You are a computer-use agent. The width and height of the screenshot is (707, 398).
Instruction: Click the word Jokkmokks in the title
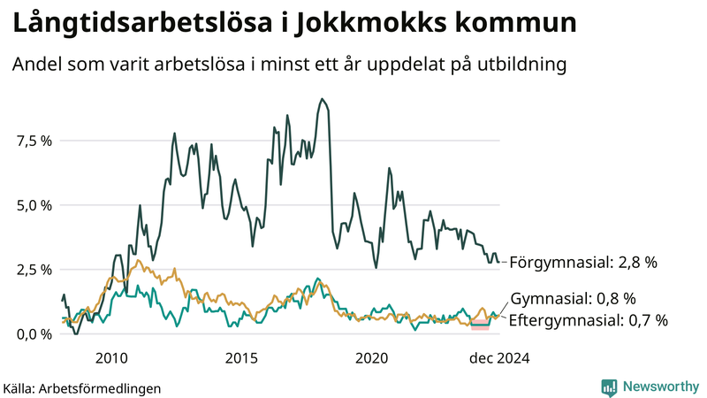(382, 25)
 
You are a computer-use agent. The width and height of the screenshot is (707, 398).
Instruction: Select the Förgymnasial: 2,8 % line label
(583, 263)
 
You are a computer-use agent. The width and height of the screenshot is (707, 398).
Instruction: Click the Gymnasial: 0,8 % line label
(574, 298)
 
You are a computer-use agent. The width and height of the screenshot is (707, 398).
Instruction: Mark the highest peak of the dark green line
(322, 99)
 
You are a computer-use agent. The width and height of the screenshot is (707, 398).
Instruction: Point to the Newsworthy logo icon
(609, 387)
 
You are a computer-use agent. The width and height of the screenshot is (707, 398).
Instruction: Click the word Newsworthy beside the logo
(659, 387)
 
